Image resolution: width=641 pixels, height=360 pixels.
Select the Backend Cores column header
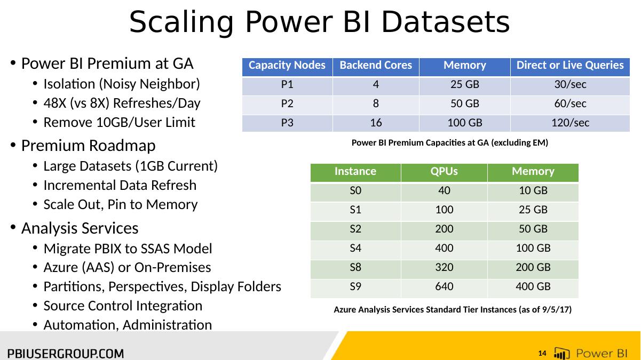click(x=376, y=65)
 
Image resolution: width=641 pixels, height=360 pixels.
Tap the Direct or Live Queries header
click(x=570, y=65)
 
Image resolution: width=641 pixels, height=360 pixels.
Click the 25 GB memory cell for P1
click(x=465, y=84)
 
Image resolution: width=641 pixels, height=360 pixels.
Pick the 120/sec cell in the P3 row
click(x=570, y=123)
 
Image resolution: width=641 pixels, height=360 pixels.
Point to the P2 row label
click(x=287, y=103)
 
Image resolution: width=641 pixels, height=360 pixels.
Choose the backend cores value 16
click(x=376, y=123)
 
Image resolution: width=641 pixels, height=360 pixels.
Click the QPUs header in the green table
click(x=444, y=171)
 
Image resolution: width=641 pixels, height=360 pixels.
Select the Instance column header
click(x=355, y=171)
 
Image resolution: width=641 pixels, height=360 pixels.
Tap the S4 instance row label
click(x=355, y=248)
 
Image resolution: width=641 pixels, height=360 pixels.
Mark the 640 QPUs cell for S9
click(x=444, y=286)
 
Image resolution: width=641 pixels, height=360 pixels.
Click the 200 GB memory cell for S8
click(x=533, y=267)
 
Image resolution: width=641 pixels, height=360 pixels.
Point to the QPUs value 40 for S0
click(x=444, y=190)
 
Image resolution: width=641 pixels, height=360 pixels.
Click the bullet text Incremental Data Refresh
click(x=120, y=185)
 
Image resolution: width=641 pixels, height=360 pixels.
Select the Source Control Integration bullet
click(x=123, y=306)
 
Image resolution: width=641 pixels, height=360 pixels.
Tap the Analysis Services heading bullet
click(x=80, y=228)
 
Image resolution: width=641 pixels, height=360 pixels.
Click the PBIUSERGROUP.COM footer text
click(x=66, y=354)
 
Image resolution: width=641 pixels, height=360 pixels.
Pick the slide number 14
click(x=542, y=354)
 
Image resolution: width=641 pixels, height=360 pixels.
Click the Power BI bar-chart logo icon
click(x=561, y=353)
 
